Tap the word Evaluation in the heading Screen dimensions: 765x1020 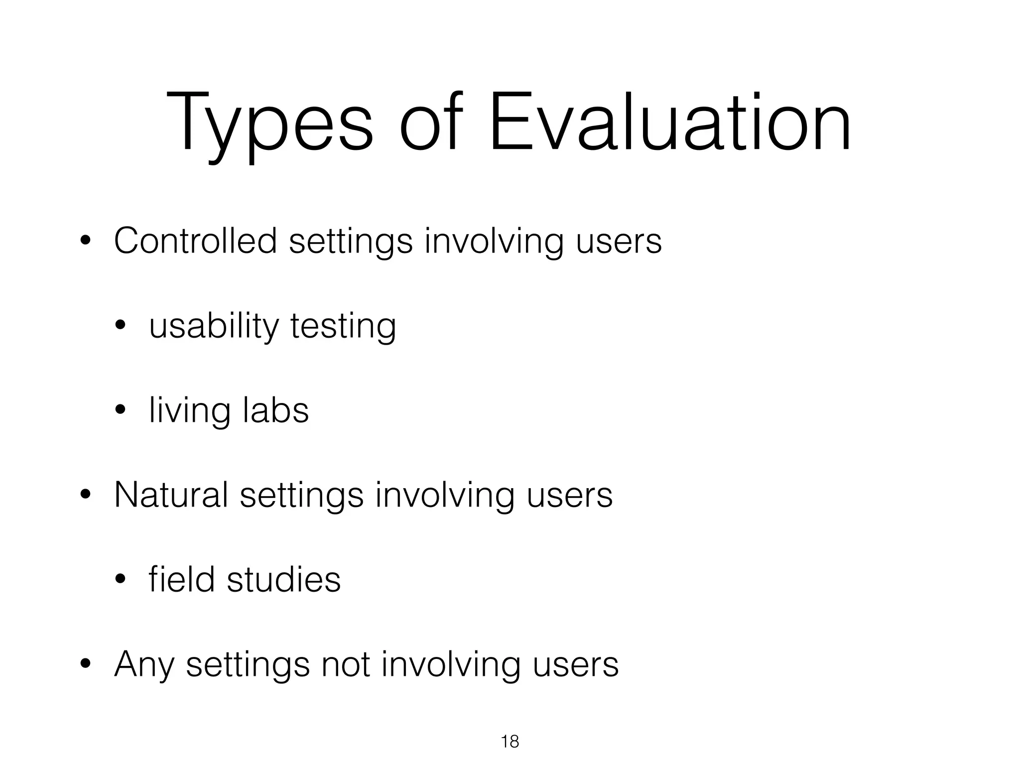pos(670,122)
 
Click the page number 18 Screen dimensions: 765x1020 pos(510,742)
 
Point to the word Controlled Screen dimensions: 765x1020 pos(195,241)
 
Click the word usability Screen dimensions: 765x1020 pos(214,327)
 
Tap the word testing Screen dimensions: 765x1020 pos(343,327)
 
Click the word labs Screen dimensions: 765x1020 pos(276,410)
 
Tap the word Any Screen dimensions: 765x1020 pos(144,665)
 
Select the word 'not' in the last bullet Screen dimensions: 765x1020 pos(346,664)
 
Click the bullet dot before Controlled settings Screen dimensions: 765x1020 pos(86,242)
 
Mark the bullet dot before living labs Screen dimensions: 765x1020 pos(121,411)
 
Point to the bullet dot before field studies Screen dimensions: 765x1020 pos(121,580)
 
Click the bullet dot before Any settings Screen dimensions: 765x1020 pos(86,664)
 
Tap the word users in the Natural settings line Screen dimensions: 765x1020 pos(569,495)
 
